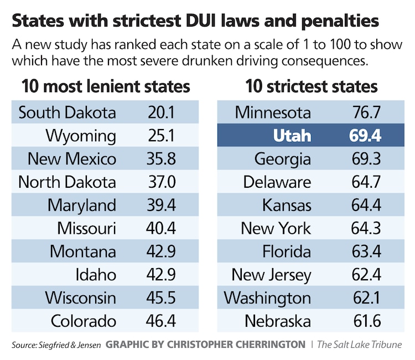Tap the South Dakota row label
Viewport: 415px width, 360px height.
pyautogui.click(x=68, y=113)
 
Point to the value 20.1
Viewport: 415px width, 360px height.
pyautogui.click(x=162, y=113)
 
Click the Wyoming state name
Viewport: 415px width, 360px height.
pyautogui.click(x=81, y=136)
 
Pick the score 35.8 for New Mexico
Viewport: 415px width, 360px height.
pyautogui.click(x=162, y=159)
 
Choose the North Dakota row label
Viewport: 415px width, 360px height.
pyautogui.click(x=68, y=182)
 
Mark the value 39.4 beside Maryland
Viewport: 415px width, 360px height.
pyautogui.click(x=162, y=205)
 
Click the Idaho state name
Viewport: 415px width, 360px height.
pyautogui.click(x=96, y=274)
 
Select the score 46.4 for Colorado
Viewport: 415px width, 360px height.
pyautogui.click(x=162, y=321)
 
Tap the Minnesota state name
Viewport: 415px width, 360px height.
pyautogui.click(x=273, y=113)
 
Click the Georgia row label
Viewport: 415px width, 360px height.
pyautogui.click(x=283, y=159)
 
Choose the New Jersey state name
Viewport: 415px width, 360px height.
pyautogui.click(x=271, y=274)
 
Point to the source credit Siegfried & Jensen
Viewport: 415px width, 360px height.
pyautogui.click(x=56, y=345)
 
